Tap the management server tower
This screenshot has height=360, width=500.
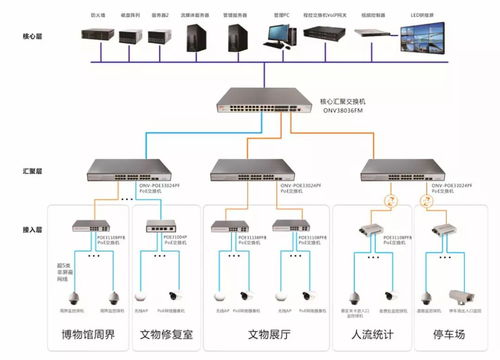(x=237, y=38)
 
